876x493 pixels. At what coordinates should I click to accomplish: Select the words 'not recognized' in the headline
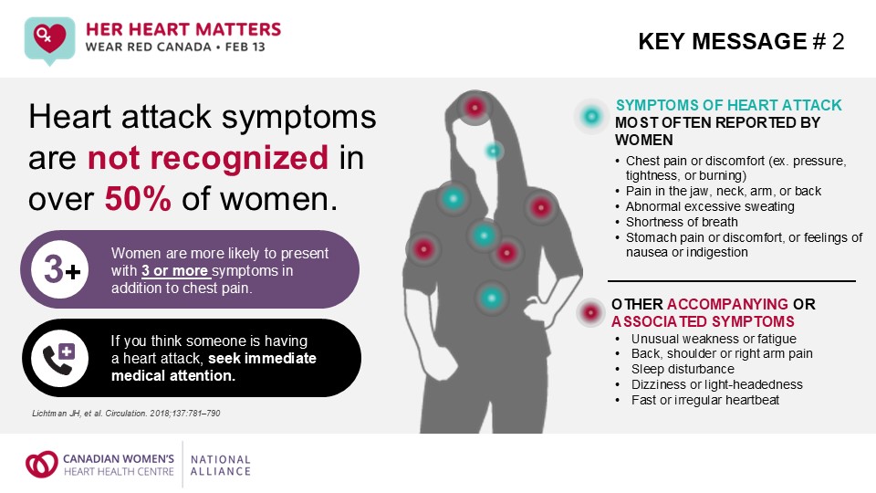click(x=208, y=158)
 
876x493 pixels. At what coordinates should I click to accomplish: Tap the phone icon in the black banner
click(x=59, y=357)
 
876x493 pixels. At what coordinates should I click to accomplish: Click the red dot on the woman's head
click(x=474, y=108)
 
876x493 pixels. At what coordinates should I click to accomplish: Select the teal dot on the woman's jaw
click(x=494, y=150)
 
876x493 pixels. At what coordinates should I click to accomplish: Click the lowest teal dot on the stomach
click(x=491, y=297)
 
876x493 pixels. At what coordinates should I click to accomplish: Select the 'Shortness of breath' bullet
click(x=683, y=222)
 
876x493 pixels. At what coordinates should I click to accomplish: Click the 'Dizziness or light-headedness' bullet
click(x=710, y=384)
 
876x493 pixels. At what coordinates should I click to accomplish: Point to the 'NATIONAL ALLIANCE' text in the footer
click(x=220, y=466)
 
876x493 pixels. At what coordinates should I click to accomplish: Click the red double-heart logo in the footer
click(x=41, y=465)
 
